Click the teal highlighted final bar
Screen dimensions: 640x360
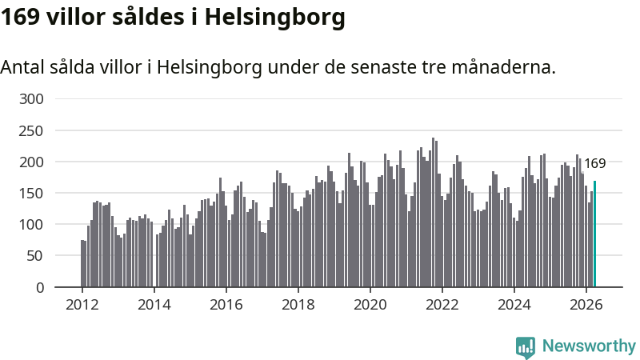[594, 234]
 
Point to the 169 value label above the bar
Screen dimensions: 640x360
[594, 163]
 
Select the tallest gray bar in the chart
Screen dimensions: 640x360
[433, 212]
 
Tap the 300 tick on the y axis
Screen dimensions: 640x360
[31, 98]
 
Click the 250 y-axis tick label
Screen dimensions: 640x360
[31, 130]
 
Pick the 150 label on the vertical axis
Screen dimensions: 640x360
[31, 193]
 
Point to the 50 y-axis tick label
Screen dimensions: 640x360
[35, 256]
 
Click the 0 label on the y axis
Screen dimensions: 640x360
[39, 287]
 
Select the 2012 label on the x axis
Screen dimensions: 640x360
[82, 305]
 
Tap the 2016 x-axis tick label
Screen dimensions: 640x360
[226, 305]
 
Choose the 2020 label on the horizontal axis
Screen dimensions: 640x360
[370, 305]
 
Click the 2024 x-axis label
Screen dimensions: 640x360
[514, 305]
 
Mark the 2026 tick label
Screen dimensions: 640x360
[586, 305]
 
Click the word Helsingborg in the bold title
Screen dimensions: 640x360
[274, 18]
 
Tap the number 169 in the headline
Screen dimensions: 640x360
[20, 17]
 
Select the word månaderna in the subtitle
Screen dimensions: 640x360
[504, 67]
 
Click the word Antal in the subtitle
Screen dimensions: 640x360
[22, 67]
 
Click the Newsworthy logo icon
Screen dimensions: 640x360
[526, 347]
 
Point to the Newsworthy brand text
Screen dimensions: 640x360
[589, 346]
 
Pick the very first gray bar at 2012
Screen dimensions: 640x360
[82, 263]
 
